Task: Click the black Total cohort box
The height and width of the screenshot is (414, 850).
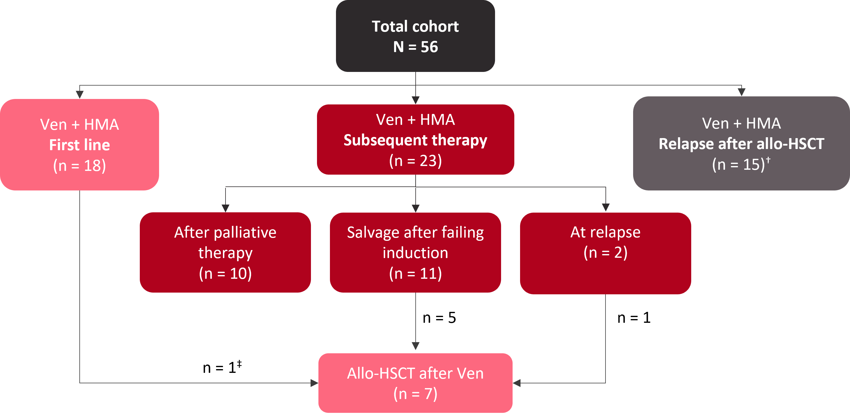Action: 415,36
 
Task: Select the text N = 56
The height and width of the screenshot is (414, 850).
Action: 415,47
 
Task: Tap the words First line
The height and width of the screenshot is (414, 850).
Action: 79,145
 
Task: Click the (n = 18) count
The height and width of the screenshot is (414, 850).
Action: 79,166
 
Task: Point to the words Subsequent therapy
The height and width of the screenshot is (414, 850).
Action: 415,141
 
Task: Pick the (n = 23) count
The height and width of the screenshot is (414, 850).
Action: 415,161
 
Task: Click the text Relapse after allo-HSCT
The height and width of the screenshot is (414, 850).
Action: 742,144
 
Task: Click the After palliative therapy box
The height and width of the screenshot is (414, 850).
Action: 225,253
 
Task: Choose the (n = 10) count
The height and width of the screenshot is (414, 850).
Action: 225,274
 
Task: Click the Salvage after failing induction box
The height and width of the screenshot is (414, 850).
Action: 415,253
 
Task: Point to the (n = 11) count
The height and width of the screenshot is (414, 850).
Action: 415,274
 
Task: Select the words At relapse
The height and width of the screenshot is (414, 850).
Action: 605,232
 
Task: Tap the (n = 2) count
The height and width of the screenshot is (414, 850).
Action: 605,253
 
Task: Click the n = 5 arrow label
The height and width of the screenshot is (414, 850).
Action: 439,318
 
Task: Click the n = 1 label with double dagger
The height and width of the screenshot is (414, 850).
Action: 222,367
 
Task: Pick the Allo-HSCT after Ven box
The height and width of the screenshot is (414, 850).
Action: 415,383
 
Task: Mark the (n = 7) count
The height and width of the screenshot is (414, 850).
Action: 415,394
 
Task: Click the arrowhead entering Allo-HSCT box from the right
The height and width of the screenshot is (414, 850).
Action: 517,383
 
